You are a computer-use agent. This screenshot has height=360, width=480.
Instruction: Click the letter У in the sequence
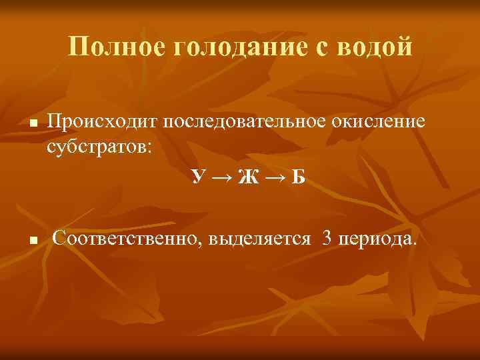pos(197,177)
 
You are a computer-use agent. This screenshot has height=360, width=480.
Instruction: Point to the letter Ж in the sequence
pos(247,177)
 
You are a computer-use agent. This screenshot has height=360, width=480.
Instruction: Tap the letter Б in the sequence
pos(298,177)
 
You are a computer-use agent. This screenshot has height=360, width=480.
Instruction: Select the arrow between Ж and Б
pos(273,178)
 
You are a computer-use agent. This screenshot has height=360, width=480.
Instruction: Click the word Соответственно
pos(128,238)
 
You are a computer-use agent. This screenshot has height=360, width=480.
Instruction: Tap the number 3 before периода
pos(327,238)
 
